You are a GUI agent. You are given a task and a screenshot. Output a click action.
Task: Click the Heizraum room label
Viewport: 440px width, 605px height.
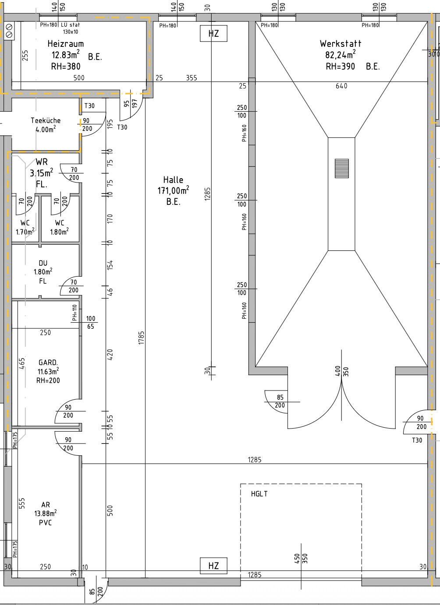click(65, 44)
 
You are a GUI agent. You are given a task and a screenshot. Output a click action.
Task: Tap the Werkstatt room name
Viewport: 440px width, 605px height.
click(341, 43)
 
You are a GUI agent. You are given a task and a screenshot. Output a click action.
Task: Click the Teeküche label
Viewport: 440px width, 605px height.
click(46, 120)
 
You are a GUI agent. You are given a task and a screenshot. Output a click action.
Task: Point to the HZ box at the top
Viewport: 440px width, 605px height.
click(213, 33)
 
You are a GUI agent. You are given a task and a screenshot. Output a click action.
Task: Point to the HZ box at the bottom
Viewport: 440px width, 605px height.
click(213, 566)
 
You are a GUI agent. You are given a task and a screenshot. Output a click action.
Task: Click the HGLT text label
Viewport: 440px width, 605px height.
click(259, 494)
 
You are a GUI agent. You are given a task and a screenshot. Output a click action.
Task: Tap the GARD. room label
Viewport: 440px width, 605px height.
click(48, 362)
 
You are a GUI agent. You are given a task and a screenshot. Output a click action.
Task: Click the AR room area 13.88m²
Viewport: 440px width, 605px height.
click(45, 514)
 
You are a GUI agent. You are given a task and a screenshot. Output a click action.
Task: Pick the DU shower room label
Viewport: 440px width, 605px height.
click(43, 263)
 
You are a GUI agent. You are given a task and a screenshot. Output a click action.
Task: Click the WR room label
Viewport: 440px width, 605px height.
click(42, 162)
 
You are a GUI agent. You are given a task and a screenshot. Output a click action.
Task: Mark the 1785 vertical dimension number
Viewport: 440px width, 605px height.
click(141, 338)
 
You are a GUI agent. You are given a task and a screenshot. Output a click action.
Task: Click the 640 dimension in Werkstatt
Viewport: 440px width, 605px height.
click(341, 86)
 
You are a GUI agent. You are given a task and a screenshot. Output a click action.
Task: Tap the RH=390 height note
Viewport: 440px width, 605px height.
click(340, 67)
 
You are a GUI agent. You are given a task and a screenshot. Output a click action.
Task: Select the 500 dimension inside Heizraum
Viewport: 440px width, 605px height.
click(78, 78)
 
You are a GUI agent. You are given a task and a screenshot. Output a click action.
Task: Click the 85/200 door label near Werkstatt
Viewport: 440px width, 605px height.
click(280, 401)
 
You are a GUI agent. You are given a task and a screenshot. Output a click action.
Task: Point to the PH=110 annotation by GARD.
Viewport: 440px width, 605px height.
click(75, 313)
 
